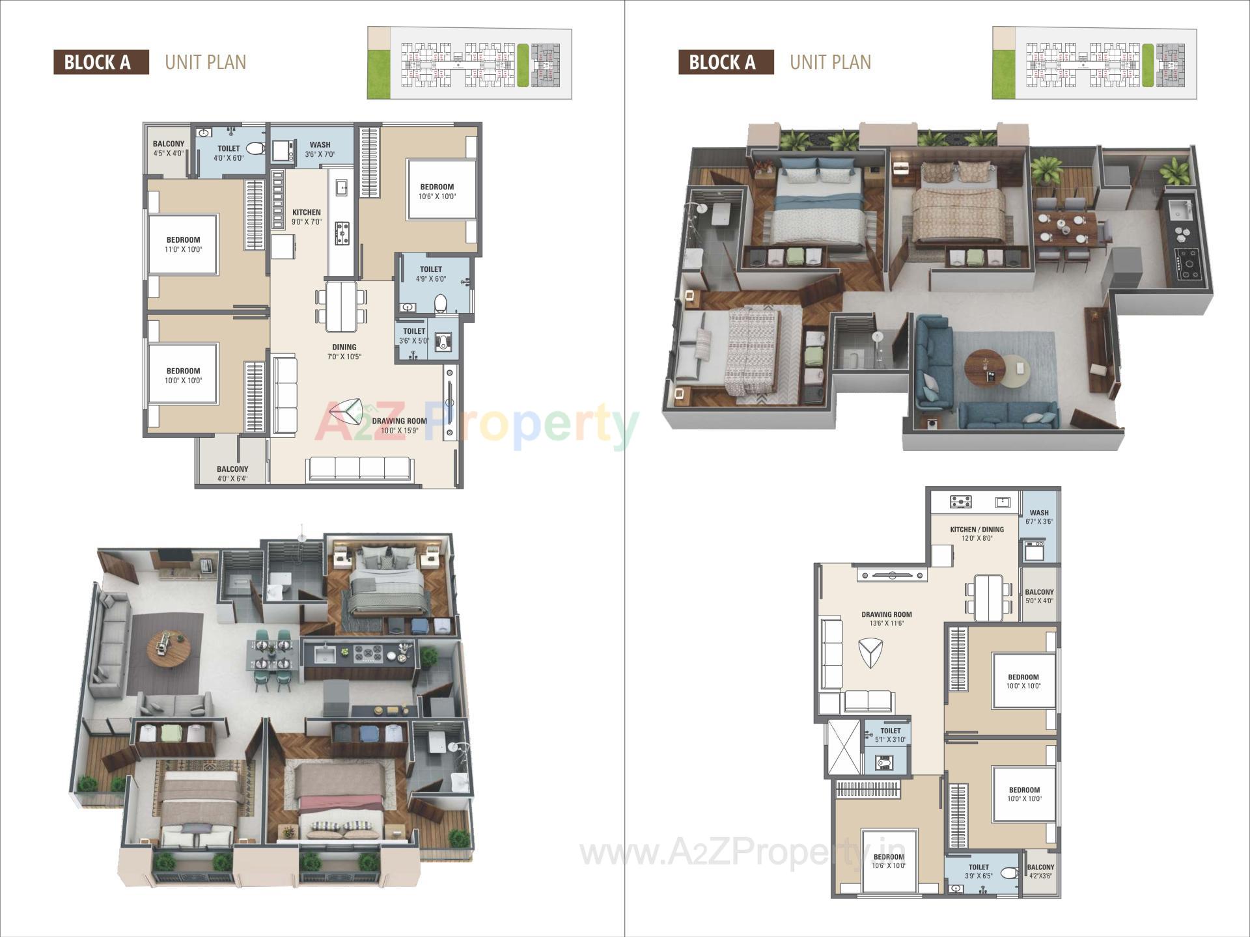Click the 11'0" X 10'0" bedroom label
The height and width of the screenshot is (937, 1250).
[x=183, y=245]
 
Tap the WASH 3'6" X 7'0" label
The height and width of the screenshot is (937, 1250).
[x=320, y=150]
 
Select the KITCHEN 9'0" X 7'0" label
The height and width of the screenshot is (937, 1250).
[x=306, y=217]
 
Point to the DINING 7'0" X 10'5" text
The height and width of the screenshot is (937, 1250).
[x=344, y=352]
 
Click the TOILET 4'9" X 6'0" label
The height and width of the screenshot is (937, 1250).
[x=431, y=274]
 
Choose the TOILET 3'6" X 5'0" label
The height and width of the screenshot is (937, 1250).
[x=413, y=336]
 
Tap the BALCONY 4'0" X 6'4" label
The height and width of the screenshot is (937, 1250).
[x=232, y=474]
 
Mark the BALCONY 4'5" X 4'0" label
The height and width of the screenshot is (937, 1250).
[x=168, y=148]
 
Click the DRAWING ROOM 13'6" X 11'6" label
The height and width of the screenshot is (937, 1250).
[x=886, y=619]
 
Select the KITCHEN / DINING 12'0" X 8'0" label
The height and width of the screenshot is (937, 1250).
[x=977, y=534]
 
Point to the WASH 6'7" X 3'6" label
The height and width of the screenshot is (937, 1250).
[x=1039, y=517]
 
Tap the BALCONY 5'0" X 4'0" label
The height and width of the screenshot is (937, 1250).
[x=1039, y=596]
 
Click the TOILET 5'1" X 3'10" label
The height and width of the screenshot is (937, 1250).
[x=890, y=735]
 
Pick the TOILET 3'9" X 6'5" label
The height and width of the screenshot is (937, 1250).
[x=979, y=871]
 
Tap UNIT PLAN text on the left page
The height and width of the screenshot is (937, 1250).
[x=206, y=62]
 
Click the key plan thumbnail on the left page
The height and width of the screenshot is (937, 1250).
[x=469, y=63]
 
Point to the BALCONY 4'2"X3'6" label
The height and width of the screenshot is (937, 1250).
[x=1040, y=871]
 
